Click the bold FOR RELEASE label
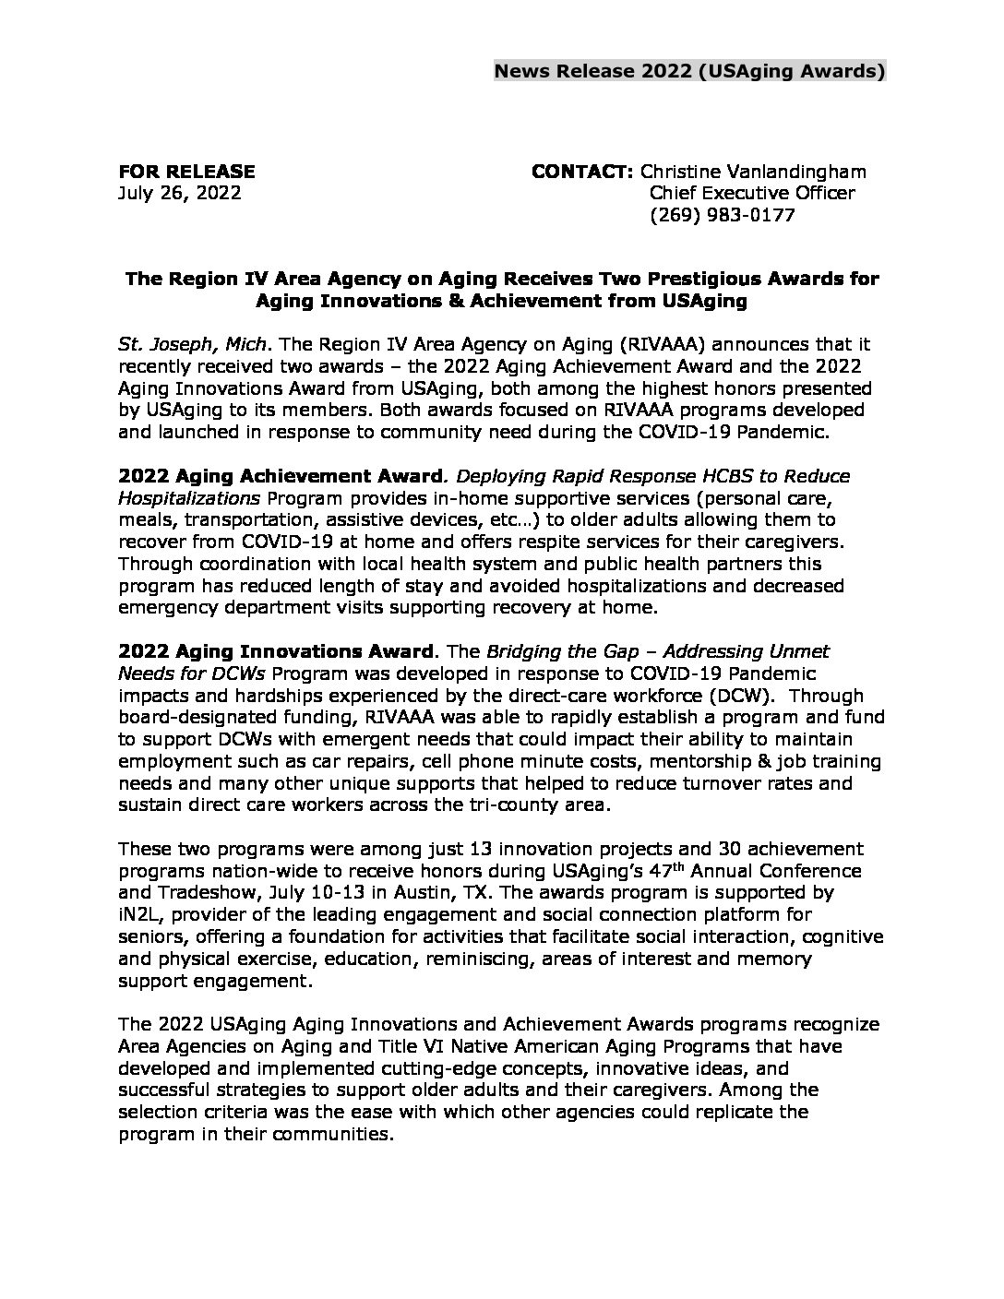pos(186,172)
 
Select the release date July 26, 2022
pos(180,194)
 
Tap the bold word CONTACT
pos(581,172)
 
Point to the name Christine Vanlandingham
pos(753,172)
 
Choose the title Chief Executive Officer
pos(752,194)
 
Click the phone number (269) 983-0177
pos(723,216)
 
